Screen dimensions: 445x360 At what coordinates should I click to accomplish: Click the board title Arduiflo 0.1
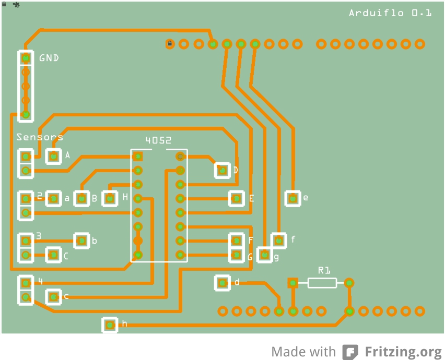(x=390, y=13)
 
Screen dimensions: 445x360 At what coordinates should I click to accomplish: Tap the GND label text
(x=49, y=58)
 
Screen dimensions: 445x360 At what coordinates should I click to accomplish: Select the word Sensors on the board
(x=40, y=137)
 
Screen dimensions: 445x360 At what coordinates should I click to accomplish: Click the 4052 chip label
(x=158, y=140)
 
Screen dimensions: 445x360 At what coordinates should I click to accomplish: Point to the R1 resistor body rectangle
(x=322, y=283)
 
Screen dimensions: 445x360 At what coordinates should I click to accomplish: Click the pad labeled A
(x=53, y=156)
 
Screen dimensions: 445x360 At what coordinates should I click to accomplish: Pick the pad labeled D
(x=222, y=171)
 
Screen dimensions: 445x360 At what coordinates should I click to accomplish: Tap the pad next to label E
(x=237, y=198)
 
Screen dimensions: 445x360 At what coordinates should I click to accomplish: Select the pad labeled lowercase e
(x=292, y=198)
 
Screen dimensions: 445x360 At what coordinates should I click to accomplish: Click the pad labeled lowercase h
(x=110, y=325)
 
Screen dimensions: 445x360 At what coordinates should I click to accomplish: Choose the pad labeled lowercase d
(x=222, y=283)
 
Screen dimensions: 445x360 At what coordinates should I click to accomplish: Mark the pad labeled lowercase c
(x=53, y=297)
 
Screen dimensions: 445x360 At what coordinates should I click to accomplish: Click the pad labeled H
(x=110, y=198)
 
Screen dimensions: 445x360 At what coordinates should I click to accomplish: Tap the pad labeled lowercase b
(x=81, y=241)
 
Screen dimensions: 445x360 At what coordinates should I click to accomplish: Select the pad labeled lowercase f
(x=279, y=241)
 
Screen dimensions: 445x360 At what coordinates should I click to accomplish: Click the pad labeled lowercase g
(x=264, y=255)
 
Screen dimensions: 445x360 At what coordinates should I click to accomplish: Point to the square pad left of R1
(x=292, y=283)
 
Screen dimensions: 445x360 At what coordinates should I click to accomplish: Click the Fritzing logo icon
(x=350, y=352)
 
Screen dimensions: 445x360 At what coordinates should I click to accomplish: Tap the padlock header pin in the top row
(x=170, y=44)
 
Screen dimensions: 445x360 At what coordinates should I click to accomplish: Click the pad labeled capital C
(x=53, y=255)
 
